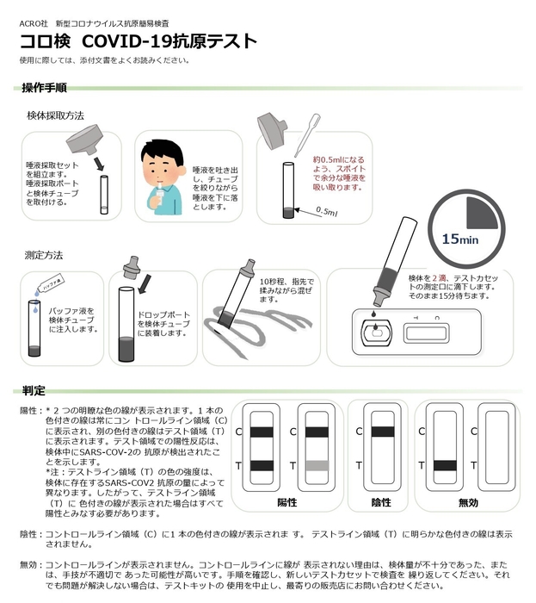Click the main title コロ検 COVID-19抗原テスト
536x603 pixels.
pyautogui.click(x=138, y=41)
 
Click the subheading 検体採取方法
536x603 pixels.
pyautogui.click(x=55, y=115)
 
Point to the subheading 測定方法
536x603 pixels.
pyautogui.click(x=44, y=255)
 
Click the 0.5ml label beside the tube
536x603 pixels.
pyautogui.click(x=327, y=211)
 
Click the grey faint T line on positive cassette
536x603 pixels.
pyautogui.click(x=317, y=465)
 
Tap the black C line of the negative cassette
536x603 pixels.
pyautogui.click(x=380, y=431)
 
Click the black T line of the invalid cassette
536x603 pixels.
pyautogui.click(x=445, y=465)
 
